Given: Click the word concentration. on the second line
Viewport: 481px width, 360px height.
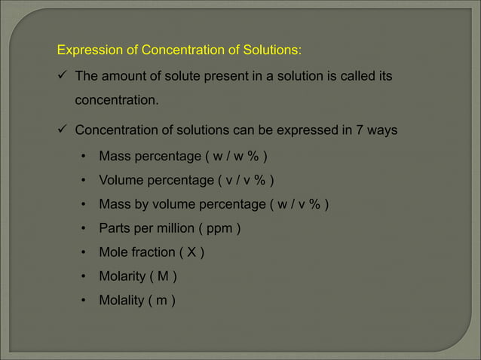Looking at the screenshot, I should pos(117,99).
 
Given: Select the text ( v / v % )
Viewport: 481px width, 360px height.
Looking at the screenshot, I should pos(246,180).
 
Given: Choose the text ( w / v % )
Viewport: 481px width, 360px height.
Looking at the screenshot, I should pos(299,204).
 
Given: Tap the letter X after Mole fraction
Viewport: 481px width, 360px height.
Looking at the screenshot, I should pos(191,252).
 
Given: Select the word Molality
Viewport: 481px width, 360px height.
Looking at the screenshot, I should pos(123,301).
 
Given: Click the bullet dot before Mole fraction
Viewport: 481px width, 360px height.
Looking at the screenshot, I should pos(84,252).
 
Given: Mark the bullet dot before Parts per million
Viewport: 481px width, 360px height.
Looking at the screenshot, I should pos(84,228).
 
